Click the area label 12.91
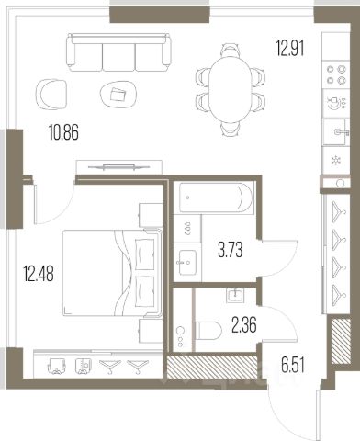coord(290,49)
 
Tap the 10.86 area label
coord(63,133)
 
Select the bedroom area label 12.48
coord(39,274)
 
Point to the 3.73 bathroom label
coord(231,250)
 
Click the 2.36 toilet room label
coord(244,325)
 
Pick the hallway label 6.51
coord(293,366)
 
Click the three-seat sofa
coord(118,52)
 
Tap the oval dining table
coord(231,90)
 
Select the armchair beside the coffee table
coord(51,94)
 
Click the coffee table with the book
coord(118,94)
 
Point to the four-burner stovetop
coord(336,74)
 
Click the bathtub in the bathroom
coord(216,198)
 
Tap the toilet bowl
coord(208,331)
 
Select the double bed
coord(113,273)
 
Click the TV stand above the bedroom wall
coord(118,167)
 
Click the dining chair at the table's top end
coord(231,50)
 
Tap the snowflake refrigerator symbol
coord(336,160)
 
